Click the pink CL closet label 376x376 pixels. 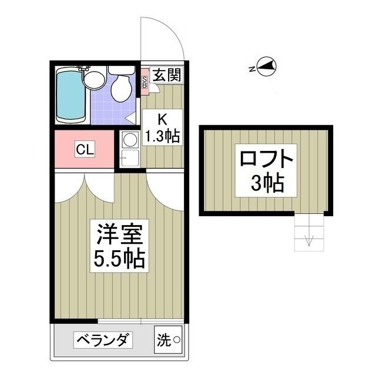point(83,150)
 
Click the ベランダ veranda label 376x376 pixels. point(103,340)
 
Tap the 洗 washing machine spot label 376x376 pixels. point(164,340)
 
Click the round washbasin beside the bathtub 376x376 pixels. point(94,79)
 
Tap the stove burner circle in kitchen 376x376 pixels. point(129,139)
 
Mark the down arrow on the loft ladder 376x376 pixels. point(308,239)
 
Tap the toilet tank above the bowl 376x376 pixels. point(121,70)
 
